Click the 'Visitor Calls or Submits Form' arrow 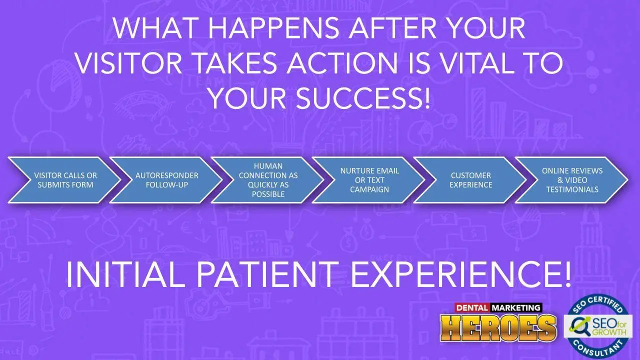tap(65, 180)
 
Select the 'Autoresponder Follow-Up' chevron tap(166, 180)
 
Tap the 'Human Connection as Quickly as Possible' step tap(268, 180)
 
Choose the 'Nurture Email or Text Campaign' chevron tap(369, 180)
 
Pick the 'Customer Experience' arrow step tap(470, 180)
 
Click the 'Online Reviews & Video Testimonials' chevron tap(572, 180)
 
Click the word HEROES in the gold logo tap(498, 328)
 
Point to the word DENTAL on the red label tap(472, 307)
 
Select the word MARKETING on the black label tap(516, 307)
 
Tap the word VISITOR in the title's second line tap(129, 63)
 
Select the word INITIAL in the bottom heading tap(125, 274)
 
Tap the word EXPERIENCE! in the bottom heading tap(460, 274)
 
